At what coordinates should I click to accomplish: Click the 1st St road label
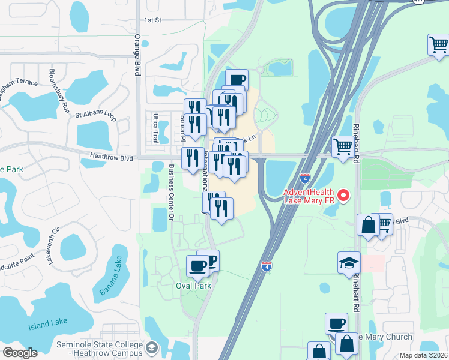click(153, 20)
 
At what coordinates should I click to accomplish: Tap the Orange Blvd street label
click(137, 55)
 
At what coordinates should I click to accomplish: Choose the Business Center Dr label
click(170, 192)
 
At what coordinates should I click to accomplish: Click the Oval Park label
click(194, 286)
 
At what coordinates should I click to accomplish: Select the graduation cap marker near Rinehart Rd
click(348, 263)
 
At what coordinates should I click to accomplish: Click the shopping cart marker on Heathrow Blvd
click(343, 146)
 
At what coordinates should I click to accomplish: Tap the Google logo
click(20, 353)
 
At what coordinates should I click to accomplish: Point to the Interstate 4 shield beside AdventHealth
click(305, 178)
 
